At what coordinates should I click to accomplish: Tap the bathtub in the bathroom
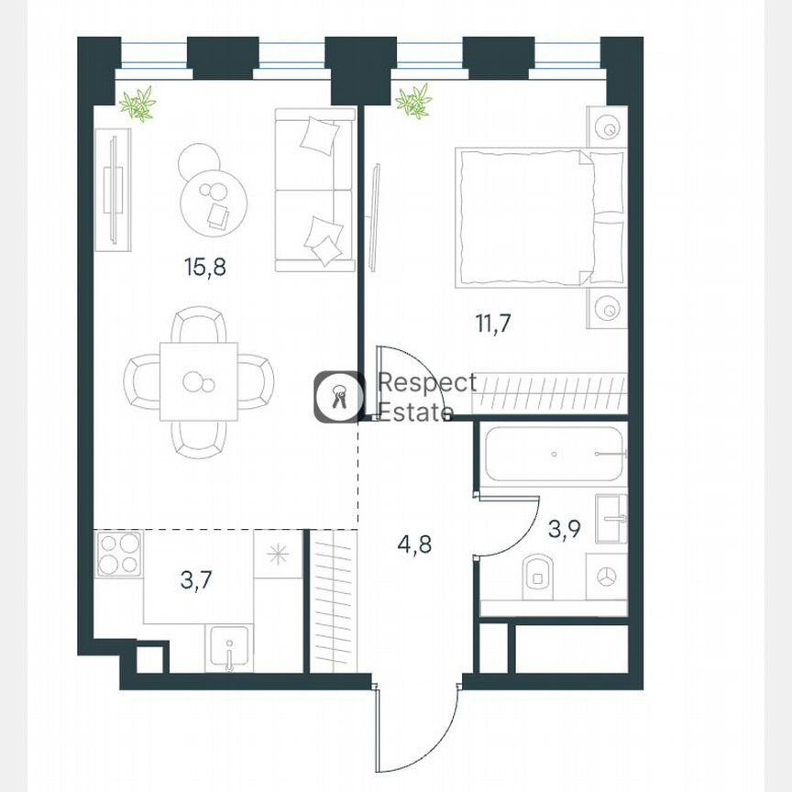(555, 453)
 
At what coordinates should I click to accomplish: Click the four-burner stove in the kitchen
(118, 555)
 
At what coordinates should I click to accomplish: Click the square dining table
(198, 381)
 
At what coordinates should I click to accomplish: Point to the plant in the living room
(138, 103)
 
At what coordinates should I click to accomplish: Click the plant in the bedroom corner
(413, 101)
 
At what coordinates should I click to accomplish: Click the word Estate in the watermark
(416, 412)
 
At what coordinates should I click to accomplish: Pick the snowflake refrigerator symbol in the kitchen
(276, 555)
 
